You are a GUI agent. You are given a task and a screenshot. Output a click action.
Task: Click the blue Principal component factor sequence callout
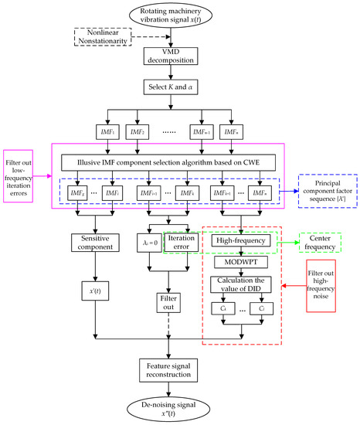point(328,190)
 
